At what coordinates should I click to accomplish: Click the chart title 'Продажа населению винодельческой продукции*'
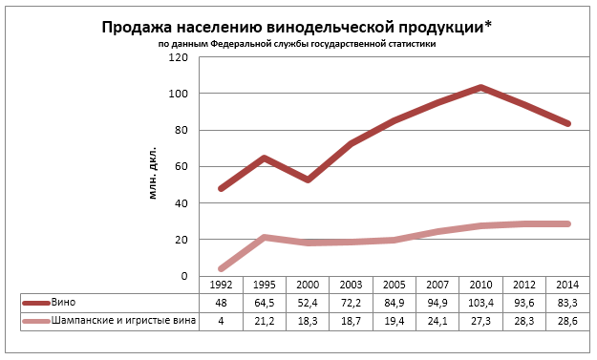click(x=297, y=28)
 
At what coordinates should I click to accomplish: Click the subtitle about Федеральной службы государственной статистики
click(x=297, y=44)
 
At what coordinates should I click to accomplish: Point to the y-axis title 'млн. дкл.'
click(x=152, y=173)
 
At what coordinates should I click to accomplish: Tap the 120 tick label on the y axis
click(x=179, y=57)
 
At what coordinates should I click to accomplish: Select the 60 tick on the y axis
click(x=181, y=167)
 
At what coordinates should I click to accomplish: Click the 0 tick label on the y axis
click(x=184, y=276)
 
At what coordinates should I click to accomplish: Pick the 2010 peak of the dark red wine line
click(x=480, y=88)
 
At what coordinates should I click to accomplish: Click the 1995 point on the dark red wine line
click(x=265, y=158)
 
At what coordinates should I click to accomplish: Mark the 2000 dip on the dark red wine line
click(x=308, y=180)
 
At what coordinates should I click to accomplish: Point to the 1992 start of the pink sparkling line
click(x=221, y=268)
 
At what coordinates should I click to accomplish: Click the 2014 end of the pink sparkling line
click(x=567, y=223)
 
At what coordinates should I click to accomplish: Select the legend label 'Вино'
click(x=63, y=303)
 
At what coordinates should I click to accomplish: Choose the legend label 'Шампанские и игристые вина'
click(x=123, y=321)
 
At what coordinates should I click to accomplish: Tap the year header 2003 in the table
click(x=351, y=285)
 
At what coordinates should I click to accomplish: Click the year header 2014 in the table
click(x=567, y=285)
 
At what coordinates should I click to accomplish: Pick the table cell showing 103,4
click(x=480, y=304)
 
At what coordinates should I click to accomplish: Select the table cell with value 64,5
click(x=265, y=304)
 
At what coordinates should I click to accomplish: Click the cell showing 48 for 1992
click(x=221, y=304)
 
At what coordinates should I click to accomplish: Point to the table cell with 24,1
click(x=437, y=321)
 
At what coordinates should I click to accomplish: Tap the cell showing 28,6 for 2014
click(x=567, y=321)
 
